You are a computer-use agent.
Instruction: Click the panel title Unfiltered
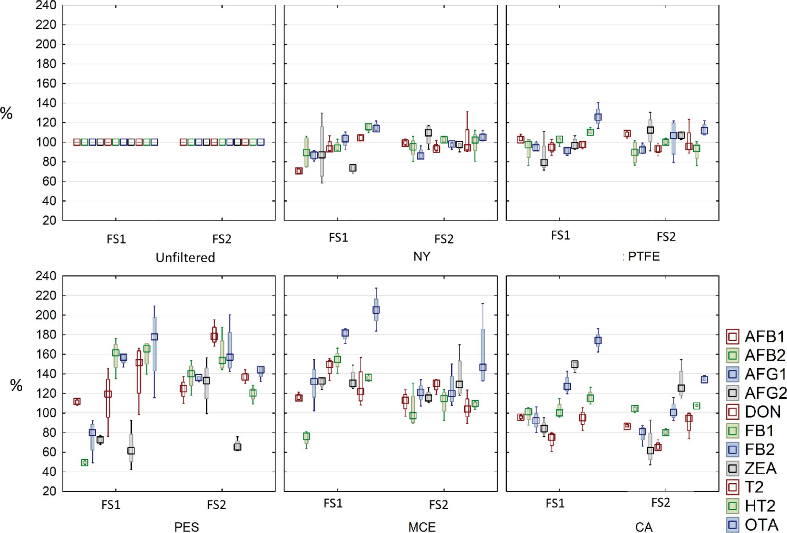[185, 257]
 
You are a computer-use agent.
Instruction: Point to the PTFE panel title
[644, 256]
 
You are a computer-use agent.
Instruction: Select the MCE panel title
[422, 527]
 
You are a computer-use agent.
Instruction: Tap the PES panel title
[186, 527]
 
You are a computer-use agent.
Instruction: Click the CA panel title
[644, 527]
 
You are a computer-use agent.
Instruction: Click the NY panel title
[421, 256]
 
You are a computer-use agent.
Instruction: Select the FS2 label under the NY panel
[444, 239]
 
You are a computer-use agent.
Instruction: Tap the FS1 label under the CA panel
[555, 504]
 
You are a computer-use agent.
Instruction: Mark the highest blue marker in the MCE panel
[376, 310]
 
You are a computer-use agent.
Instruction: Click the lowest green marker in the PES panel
[84, 463]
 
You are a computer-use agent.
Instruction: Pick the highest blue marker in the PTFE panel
[598, 117]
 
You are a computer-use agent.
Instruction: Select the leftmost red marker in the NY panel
[299, 171]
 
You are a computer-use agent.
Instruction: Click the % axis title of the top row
[7, 113]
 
